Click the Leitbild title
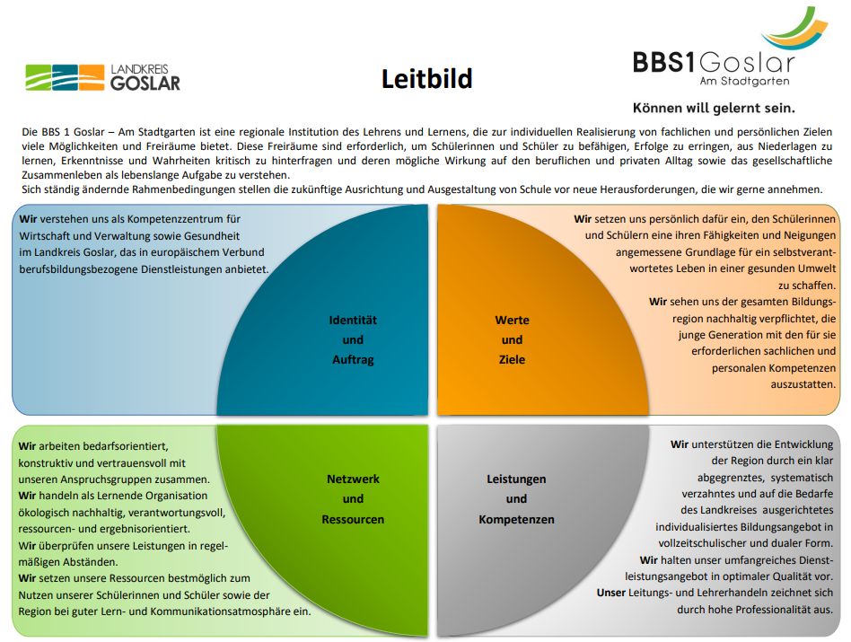[x=426, y=79]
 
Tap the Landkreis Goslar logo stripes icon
[x=65, y=77]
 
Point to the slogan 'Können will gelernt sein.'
[x=714, y=108]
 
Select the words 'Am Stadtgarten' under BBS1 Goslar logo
[x=744, y=82]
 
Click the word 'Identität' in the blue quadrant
[x=353, y=321]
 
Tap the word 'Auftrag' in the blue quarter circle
[x=353, y=360]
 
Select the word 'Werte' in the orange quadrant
[x=512, y=321]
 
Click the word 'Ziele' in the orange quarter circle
[x=512, y=359]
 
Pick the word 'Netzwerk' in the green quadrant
[x=353, y=479]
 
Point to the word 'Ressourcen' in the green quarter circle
[x=353, y=519]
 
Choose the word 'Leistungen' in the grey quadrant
[x=516, y=479]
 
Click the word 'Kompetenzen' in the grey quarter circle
[x=516, y=519]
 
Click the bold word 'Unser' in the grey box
[x=611, y=593]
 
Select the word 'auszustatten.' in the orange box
[x=803, y=384]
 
